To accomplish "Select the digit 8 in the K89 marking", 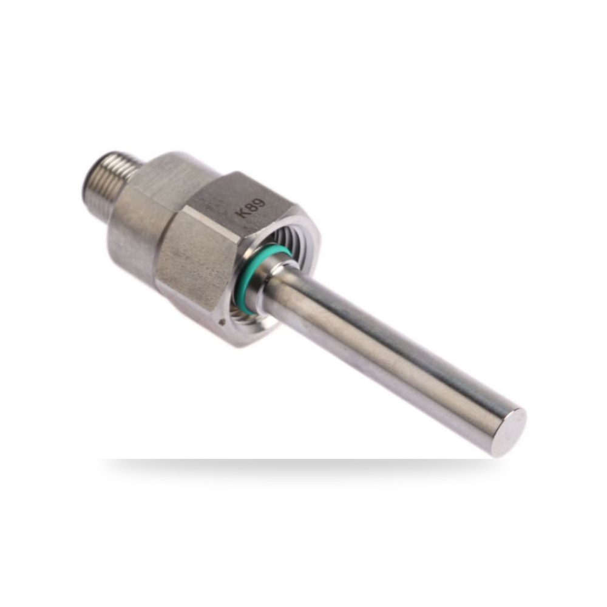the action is click(x=253, y=208).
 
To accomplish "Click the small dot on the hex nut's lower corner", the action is click(x=222, y=321).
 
